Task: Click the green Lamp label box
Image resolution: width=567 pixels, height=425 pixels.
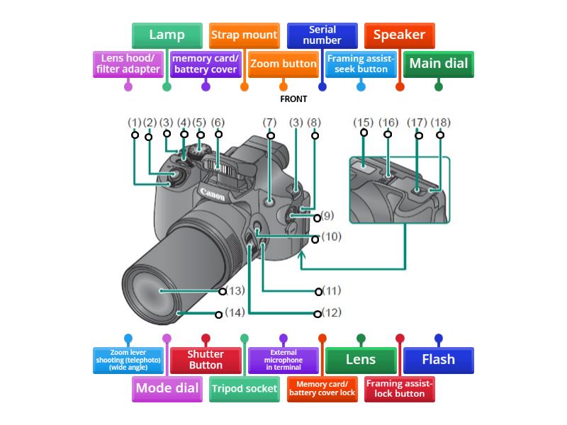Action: click(x=167, y=35)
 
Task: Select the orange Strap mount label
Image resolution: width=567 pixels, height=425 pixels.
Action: click(x=244, y=35)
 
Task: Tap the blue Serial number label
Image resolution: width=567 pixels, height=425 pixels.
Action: click(x=322, y=35)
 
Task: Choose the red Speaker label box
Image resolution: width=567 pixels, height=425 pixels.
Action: click(x=399, y=35)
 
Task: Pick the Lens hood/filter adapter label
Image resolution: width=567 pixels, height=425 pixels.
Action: click(x=128, y=64)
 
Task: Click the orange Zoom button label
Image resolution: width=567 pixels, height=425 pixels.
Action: click(x=283, y=64)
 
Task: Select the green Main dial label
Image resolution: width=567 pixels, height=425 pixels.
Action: click(x=438, y=64)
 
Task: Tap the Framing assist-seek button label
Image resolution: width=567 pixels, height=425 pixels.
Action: click(x=361, y=64)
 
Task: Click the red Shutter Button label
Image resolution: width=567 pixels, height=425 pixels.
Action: click(x=206, y=360)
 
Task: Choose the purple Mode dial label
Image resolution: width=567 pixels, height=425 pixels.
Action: click(x=167, y=388)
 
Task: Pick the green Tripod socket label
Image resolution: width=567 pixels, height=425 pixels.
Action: click(x=245, y=389)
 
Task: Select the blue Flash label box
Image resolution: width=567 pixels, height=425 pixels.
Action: click(x=438, y=360)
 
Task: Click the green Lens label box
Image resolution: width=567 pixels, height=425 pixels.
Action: click(x=361, y=360)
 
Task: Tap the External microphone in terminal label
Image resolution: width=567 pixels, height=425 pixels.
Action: click(x=283, y=360)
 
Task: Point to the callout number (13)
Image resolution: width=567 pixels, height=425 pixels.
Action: click(x=235, y=290)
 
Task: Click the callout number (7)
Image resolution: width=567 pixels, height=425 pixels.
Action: click(x=269, y=123)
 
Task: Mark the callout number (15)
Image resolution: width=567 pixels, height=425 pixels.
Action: click(x=363, y=123)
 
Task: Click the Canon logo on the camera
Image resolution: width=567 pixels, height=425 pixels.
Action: click(x=212, y=193)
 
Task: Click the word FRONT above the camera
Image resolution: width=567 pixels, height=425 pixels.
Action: click(x=293, y=99)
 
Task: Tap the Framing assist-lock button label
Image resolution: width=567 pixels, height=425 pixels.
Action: click(x=400, y=388)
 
